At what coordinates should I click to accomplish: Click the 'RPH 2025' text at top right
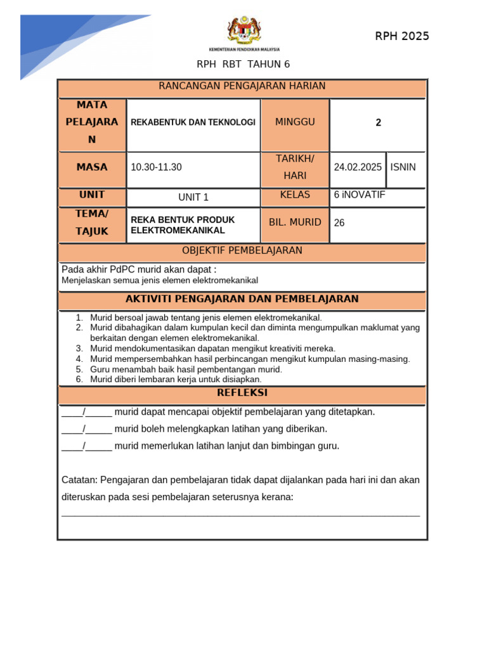(x=402, y=36)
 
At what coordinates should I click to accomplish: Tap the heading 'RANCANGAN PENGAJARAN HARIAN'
(x=242, y=86)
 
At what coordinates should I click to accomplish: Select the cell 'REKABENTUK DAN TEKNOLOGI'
(x=193, y=122)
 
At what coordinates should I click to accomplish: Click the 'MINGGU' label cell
(x=295, y=122)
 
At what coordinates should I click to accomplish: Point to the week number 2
(x=379, y=123)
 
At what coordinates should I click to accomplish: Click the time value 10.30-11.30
(x=156, y=167)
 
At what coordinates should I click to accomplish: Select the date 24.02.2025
(x=358, y=167)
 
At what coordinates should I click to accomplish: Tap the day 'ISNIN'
(x=403, y=167)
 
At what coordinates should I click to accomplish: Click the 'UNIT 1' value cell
(x=193, y=197)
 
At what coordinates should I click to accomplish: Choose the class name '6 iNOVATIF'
(x=360, y=195)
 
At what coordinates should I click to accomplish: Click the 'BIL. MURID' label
(x=295, y=222)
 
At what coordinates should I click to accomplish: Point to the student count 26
(x=339, y=223)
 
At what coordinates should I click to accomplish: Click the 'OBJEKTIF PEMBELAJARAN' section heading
(x=242, y=250)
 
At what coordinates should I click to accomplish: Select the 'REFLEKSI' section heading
(x=242, y=393)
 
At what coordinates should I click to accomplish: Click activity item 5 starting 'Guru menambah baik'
(x=186, y=369)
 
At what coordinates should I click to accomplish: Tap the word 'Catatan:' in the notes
(x=79, y=480)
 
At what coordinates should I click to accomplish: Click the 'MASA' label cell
(x=92, y=167)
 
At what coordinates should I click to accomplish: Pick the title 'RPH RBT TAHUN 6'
(x=243, y=64)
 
